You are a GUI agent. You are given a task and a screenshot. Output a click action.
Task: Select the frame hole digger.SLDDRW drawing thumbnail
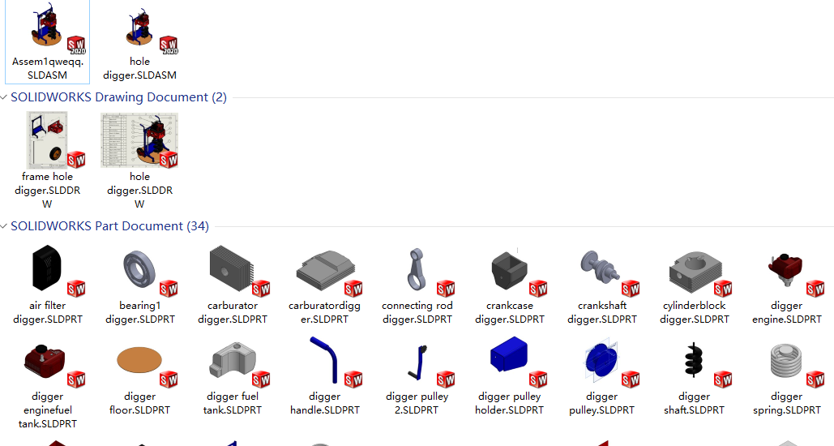point(47,139)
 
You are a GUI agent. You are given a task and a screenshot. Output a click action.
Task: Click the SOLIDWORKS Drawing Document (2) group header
point(118,97)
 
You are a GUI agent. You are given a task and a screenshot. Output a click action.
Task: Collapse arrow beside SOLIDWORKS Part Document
point(4,226)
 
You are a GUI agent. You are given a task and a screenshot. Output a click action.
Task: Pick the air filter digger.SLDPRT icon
point(47,268)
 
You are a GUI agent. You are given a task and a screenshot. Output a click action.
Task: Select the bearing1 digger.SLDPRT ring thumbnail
point(139,268)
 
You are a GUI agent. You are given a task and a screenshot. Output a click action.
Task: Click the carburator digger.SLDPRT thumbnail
point(232,268)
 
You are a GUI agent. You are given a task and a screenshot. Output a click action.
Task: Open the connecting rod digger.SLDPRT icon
point(417,268)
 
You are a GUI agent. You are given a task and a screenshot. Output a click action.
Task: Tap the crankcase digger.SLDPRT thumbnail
point(509,268)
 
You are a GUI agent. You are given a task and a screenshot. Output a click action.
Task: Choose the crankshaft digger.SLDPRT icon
point(601,268)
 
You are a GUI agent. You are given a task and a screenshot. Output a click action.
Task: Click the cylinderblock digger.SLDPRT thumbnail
point(694,268)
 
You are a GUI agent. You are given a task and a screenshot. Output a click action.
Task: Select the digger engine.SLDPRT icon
point(785,268)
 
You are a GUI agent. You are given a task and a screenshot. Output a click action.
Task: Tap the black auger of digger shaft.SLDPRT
point(694,361)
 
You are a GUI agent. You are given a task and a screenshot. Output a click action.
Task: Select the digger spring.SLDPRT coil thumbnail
point(786,361)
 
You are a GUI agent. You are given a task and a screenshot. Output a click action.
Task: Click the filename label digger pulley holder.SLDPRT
point(509,403)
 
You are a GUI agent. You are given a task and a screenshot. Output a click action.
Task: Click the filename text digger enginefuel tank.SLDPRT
point(47,410)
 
